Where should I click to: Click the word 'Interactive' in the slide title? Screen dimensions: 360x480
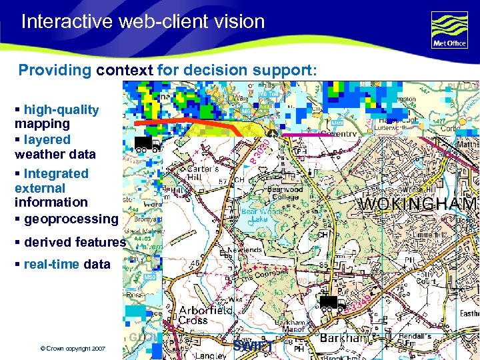pyautogui.click(x=67, y=21)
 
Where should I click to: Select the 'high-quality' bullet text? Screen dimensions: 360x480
pyautogui.click(x=61, y=110)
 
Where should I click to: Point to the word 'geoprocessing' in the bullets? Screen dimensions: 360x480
pyautogui.click(x=71, y=219)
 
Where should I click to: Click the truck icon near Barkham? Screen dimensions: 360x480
pyautogui.click(x=331, y=305)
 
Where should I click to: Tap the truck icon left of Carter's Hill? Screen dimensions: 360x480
pyautogui.click(x=147, y=145)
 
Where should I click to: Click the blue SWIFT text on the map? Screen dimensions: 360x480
pyautogui.click(x=253, y=346)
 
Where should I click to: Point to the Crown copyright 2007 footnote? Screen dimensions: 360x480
pyautogui.click(x=73, y=349)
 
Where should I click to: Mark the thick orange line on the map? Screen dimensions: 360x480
pyautogui.click(x=193, y=124)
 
